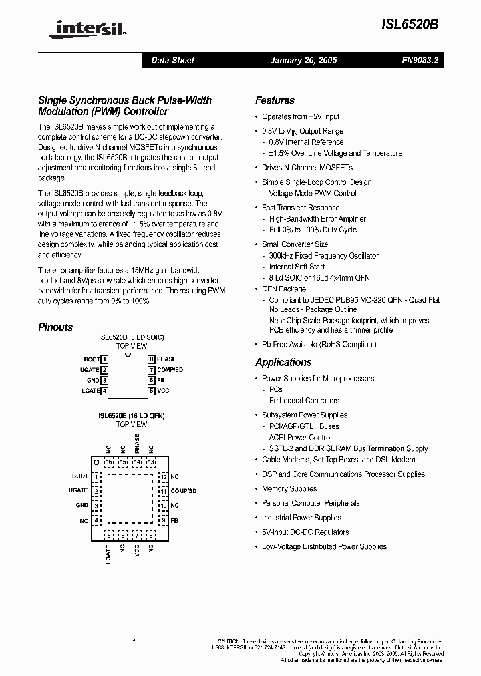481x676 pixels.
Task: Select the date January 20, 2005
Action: (x=303, y=60)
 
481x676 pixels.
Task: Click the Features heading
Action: (x=275, y=100)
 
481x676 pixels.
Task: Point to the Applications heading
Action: (x=283, y=362)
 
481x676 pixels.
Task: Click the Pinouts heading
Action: (x=55, y=327)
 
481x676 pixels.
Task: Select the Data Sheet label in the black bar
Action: (x=172, y=60)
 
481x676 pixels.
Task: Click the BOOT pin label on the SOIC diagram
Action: (x=91, y=359)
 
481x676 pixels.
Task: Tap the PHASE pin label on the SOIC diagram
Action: (x=166, y=359)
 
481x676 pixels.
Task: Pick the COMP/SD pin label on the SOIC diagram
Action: (x=170, y=369)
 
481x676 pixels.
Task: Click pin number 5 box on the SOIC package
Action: (x=152, y=390)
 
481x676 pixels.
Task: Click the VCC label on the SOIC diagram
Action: (x=163, y=390)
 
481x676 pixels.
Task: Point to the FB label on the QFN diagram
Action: (x=174, y=520)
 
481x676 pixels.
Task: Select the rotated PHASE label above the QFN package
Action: (x=137, y=444)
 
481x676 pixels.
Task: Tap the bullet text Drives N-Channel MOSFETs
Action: (x=307, y=168)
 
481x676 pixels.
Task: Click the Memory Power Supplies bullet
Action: (x=289, y=488)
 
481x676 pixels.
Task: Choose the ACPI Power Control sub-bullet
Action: (x=300, y=438)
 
